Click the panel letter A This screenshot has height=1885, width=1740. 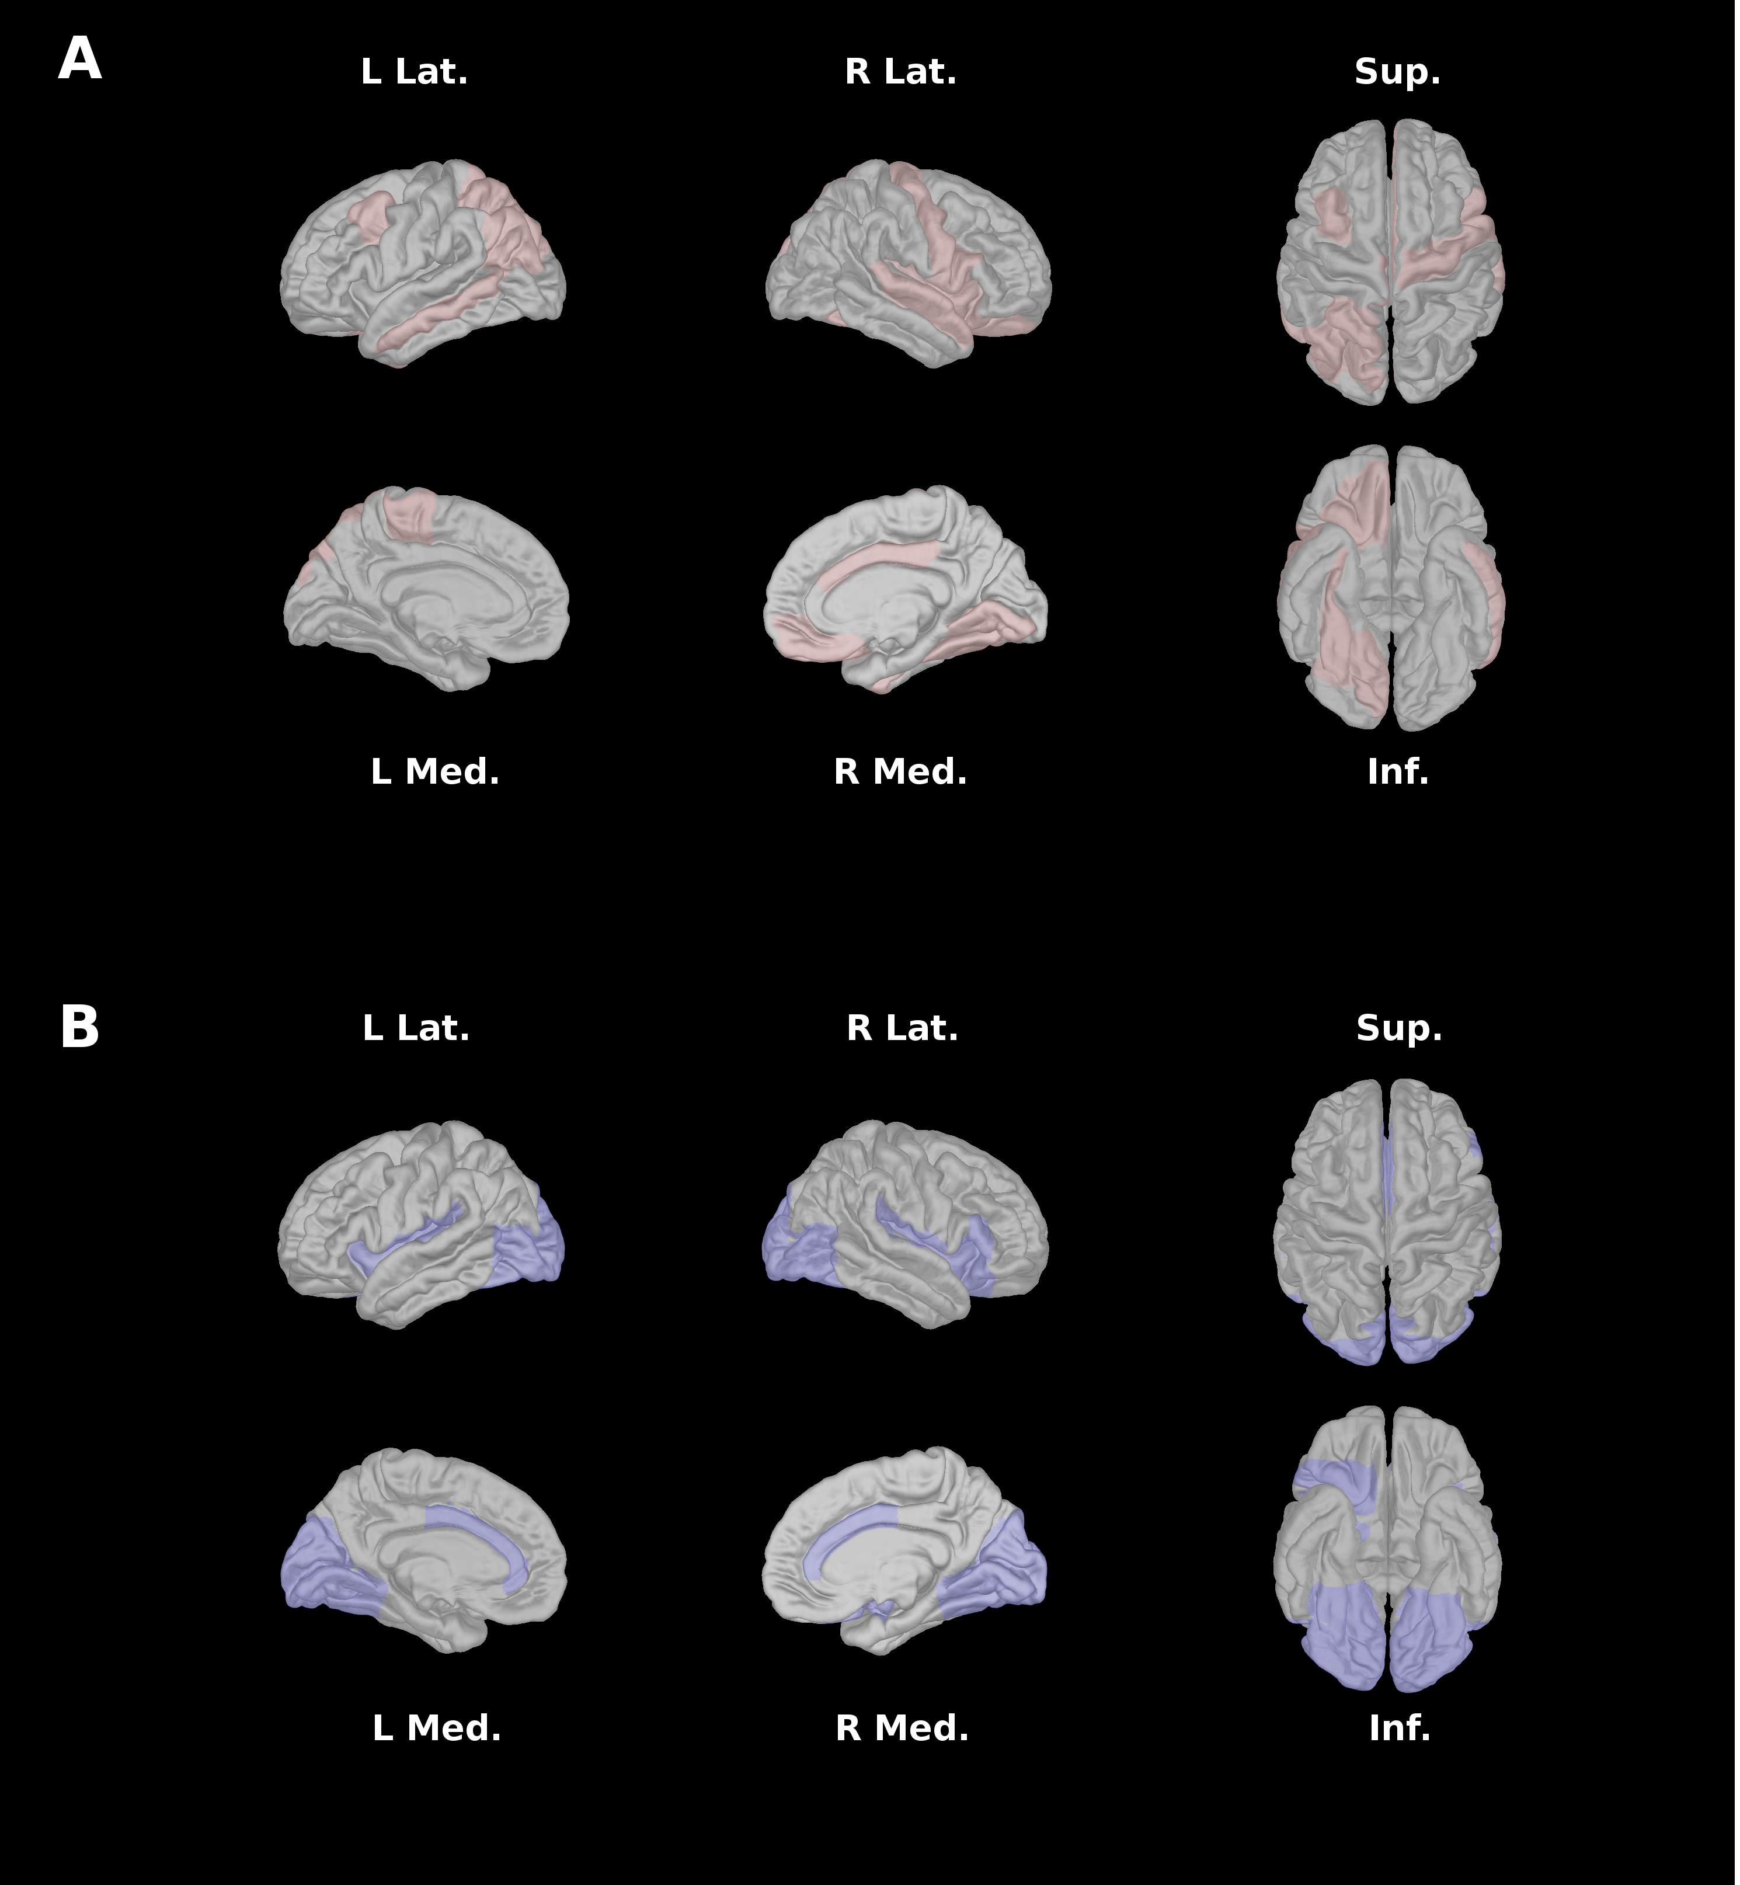point(80,60)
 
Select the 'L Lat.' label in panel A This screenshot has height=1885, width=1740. point(415,72)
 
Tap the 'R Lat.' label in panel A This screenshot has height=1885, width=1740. point(901,72)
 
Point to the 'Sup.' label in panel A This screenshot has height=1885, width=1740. point(1397,72)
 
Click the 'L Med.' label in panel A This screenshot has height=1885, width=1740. point(435,772)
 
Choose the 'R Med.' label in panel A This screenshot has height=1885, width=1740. point(901,772)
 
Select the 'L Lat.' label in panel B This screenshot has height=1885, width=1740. point(416,1028)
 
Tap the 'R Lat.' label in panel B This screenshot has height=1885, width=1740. point(903,1028)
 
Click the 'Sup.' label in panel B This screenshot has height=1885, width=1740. point(1399,1028)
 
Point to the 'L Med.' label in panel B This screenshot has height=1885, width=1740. point(437,1729)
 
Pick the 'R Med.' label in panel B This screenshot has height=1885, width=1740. point(903,1729)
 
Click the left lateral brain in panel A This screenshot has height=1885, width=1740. point(424,263)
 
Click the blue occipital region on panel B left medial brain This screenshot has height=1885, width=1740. point(325,1568)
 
